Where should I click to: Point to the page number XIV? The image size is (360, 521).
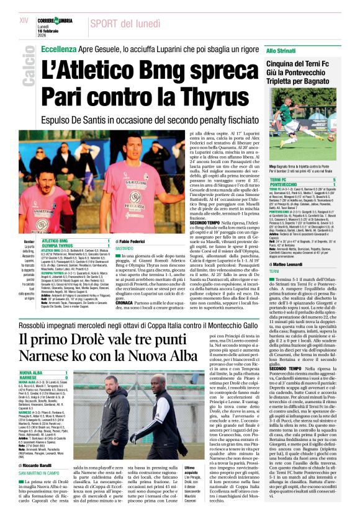click(x=24, y=20)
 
